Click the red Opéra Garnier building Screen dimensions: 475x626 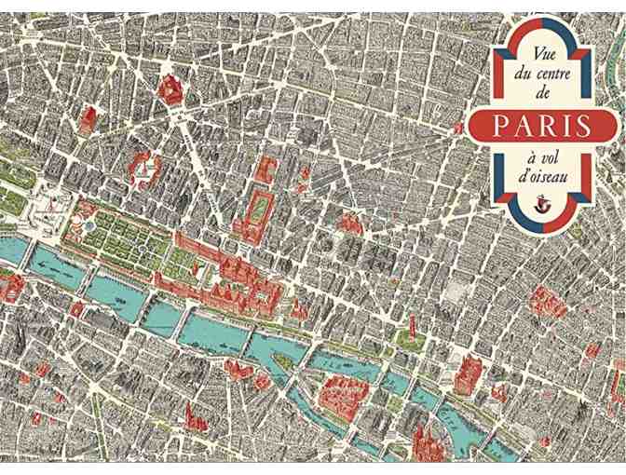point(170,88)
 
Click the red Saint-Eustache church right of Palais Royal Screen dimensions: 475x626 point(349,223)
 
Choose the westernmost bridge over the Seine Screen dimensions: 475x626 point(28,251)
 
